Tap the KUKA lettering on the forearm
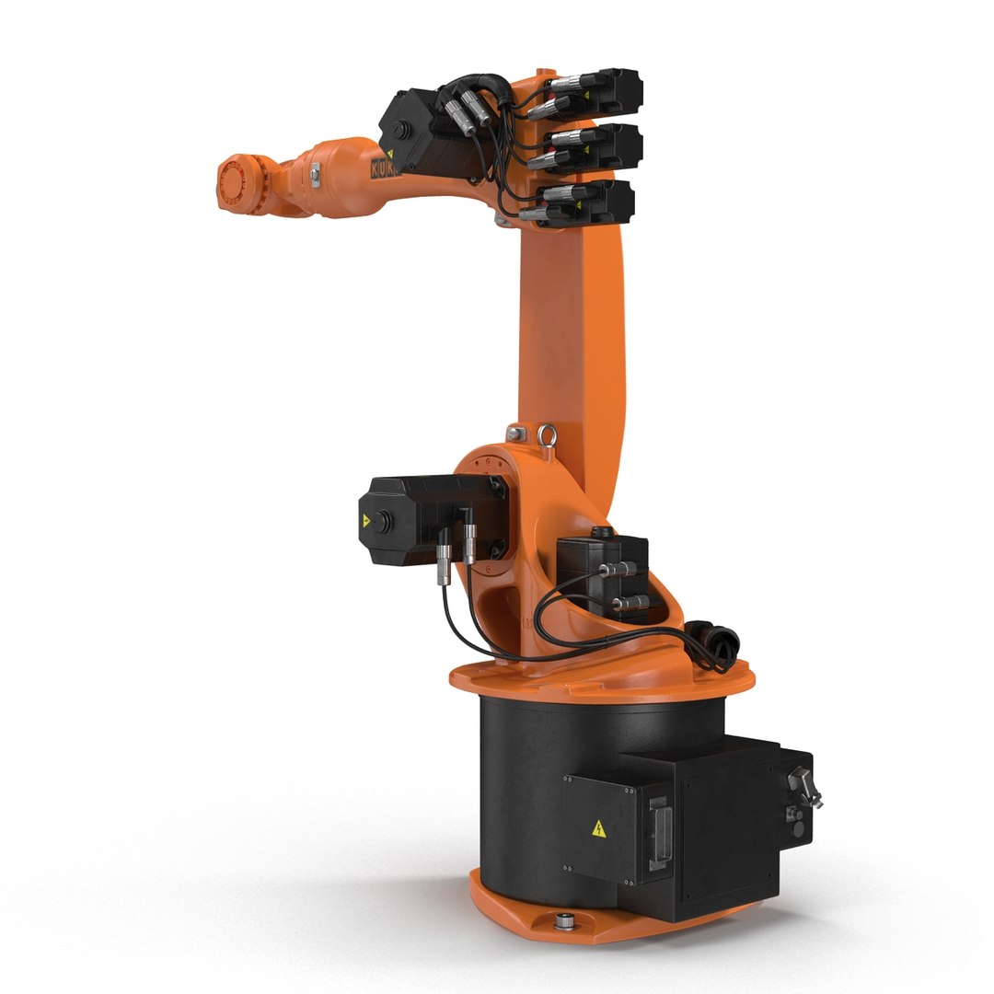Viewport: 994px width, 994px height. tap(385, 170)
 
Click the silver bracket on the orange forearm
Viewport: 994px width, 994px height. tap(316, 172)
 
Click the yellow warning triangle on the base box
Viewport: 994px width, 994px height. tap(598, 827)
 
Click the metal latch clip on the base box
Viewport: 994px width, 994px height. tap(803, 787)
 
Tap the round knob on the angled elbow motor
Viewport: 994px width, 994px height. tap(398, 123)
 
